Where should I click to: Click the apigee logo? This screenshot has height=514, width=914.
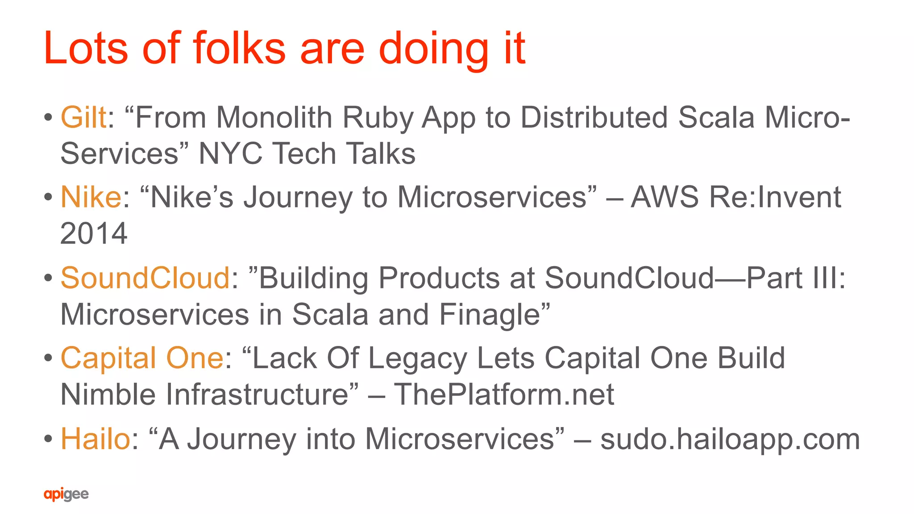(66, 494)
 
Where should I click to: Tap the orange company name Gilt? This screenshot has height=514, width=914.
(83, 118)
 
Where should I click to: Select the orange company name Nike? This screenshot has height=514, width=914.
(91, 197)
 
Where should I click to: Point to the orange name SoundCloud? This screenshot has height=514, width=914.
(145, 278)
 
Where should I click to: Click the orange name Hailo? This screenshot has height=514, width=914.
(95, 439)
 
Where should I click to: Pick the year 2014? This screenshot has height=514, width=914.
(94, 234)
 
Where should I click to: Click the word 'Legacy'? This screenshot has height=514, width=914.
(418, 359)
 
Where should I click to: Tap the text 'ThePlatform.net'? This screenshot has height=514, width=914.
(504, 395)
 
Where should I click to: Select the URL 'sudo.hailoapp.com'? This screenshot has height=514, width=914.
(730, 440)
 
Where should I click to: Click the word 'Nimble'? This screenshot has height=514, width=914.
(108, 395)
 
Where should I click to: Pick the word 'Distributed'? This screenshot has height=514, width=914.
(594, 118)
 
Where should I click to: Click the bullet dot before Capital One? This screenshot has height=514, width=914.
(48, 358)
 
